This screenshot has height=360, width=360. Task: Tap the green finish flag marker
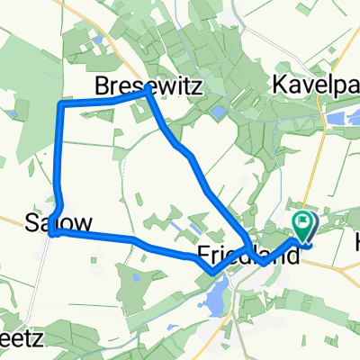[x=307, y=223]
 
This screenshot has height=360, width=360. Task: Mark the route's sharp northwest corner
[x=60, y=105]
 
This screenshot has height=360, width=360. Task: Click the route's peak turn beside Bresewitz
[x=146, y=94]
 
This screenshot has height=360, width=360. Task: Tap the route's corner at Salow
[x=54, y=232]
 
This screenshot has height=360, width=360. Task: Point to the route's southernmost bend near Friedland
[x=211, y=270]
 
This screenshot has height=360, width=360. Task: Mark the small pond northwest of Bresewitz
[x=95, y=40]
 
